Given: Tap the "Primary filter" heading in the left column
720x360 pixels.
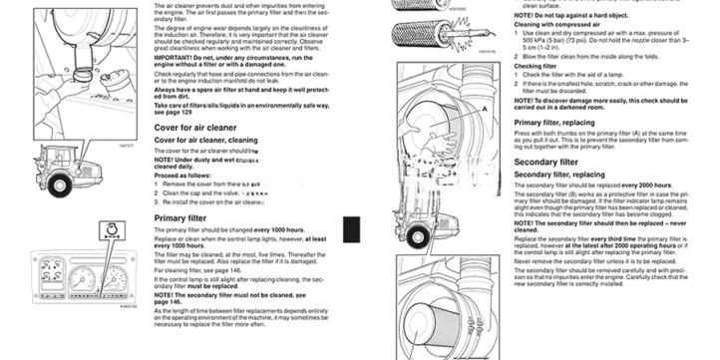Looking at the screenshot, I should tap(180, 216).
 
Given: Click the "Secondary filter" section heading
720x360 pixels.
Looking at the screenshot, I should tap(545, 161).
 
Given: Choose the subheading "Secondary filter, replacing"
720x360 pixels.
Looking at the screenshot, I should tap(554, 175).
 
